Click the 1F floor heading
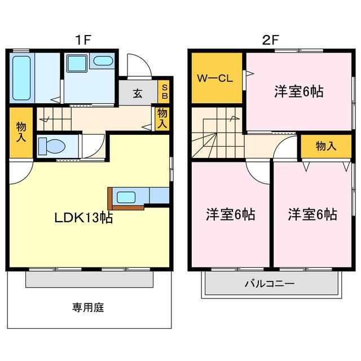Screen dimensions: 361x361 tap(83, 40)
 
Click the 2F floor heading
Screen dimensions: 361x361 tap(271, 40)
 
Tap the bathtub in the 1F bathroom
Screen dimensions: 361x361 tap(21, 78)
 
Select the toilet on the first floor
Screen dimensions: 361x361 tap(51, 146)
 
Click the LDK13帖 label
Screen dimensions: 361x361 tap(83, 218)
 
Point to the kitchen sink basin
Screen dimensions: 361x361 tap(126, 197)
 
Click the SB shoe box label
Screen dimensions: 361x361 tap(165, 91)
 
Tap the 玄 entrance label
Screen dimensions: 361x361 tap(138, 94)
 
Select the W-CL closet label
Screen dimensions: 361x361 tap(215, 78)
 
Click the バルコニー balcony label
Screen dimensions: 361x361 tap(270, 283)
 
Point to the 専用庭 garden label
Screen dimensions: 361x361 tap(88, 307)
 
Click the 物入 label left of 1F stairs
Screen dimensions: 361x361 tap(21, 132)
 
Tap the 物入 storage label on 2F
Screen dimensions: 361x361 tap(326, 146)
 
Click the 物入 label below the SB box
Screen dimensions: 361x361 tap(162, 118)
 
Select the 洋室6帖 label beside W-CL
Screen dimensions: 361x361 tap(299, 91)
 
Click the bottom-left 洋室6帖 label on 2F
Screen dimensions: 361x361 tap(231, 214)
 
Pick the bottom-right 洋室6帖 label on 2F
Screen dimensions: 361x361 tap(312, 214)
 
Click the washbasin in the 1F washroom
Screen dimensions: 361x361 tap(103, 61)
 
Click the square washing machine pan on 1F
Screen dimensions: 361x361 tap(77, 63)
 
